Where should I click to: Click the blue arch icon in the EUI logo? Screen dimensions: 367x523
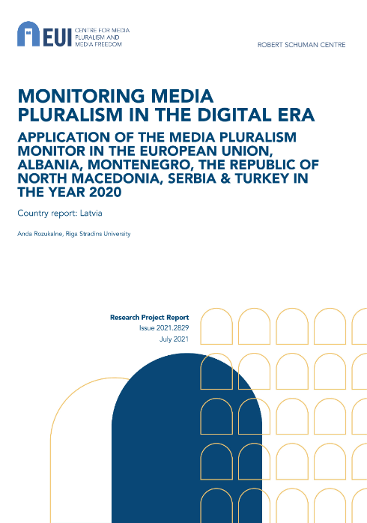pos(28,34)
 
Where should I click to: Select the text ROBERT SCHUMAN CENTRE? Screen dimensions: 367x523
pos(301,45)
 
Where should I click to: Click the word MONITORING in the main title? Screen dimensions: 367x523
pos(82,96)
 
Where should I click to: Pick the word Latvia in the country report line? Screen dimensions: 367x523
pos(91,213)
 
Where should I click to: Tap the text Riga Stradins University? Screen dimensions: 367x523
pos(98,234)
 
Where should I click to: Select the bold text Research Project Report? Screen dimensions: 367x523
pos(149,317)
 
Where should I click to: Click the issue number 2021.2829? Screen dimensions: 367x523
pos(173,328)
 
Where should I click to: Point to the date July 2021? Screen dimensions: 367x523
pos(174,339)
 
